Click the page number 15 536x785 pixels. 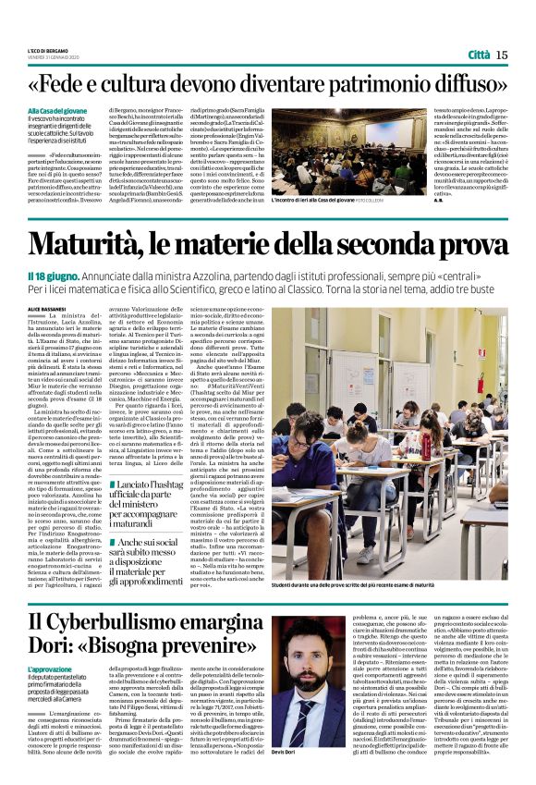(503, 55)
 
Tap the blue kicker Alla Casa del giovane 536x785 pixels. (56, 110)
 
